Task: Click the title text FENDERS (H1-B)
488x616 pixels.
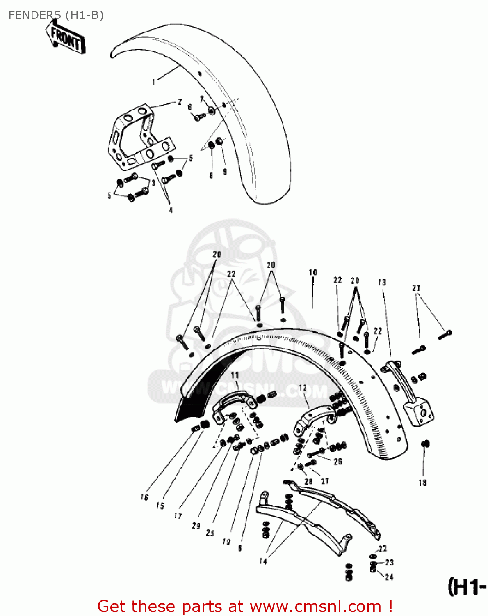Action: point(56,15)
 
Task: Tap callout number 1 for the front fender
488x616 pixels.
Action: point(154,82)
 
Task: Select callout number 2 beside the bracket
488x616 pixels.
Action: point(179,102)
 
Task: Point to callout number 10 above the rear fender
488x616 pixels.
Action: point(313,272)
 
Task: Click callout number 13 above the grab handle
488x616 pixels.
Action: point(382,283)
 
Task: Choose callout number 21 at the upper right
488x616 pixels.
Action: point(416,288)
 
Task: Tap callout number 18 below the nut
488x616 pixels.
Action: point(422,483)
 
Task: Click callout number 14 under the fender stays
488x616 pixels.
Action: point(263,561)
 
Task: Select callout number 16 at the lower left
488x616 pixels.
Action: point(144,497)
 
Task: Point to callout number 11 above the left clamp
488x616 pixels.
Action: point(235,375)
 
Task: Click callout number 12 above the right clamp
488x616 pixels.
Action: point(303,388)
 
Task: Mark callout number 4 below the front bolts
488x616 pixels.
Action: point(171,210)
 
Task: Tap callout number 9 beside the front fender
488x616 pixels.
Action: point(225,172)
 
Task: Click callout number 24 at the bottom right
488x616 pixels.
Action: point(389,577)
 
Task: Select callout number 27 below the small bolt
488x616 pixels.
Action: point(325,481)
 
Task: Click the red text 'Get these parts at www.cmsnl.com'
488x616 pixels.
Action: point(245,606)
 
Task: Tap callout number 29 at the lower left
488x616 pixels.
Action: point(196,526)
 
